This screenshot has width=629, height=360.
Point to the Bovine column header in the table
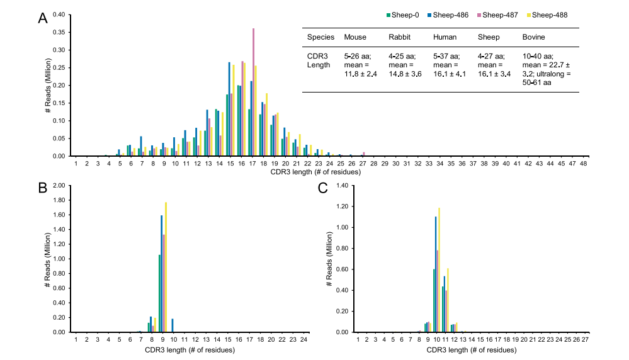point(533,37)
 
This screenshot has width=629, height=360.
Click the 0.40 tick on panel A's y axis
point(59,14)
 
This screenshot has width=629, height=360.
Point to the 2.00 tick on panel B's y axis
point(59,186)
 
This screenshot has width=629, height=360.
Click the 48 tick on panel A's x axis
point(583,163)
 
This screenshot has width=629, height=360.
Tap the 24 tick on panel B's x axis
point(303,339)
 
